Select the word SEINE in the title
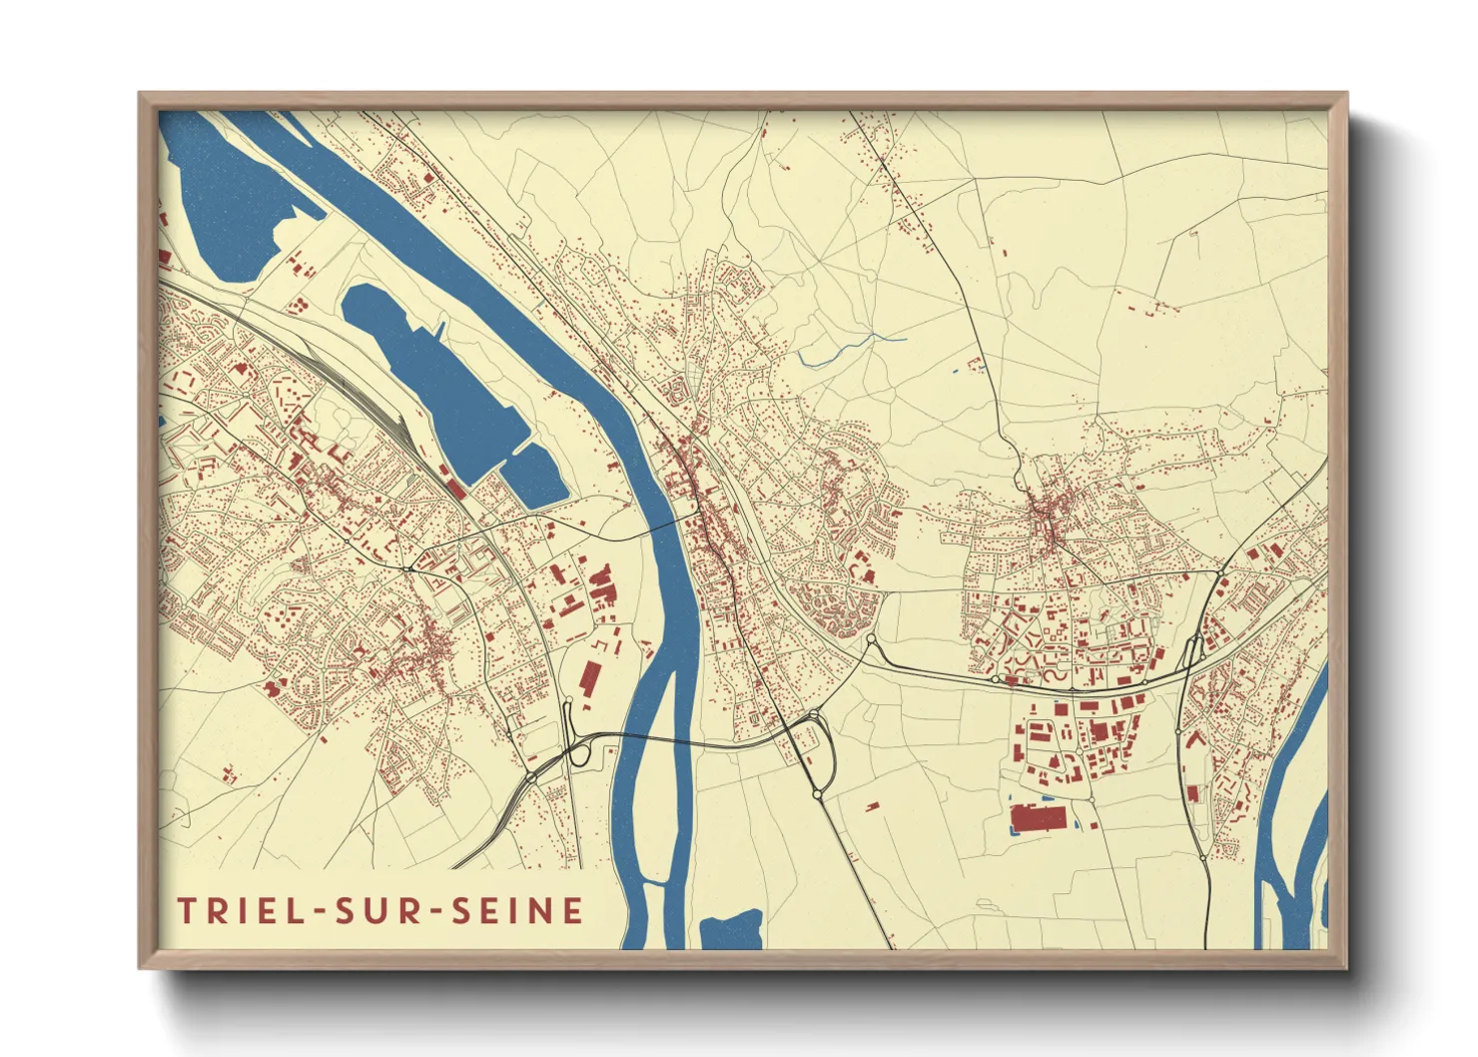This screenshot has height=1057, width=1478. tap(518, 910)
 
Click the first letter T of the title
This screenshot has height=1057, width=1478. tap(186, 910)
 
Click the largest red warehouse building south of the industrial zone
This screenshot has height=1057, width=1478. tap(1039, 818)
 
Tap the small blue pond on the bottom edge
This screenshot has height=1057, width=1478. tap(731, 931)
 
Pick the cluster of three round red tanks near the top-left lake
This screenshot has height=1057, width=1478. tap(298, 302)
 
